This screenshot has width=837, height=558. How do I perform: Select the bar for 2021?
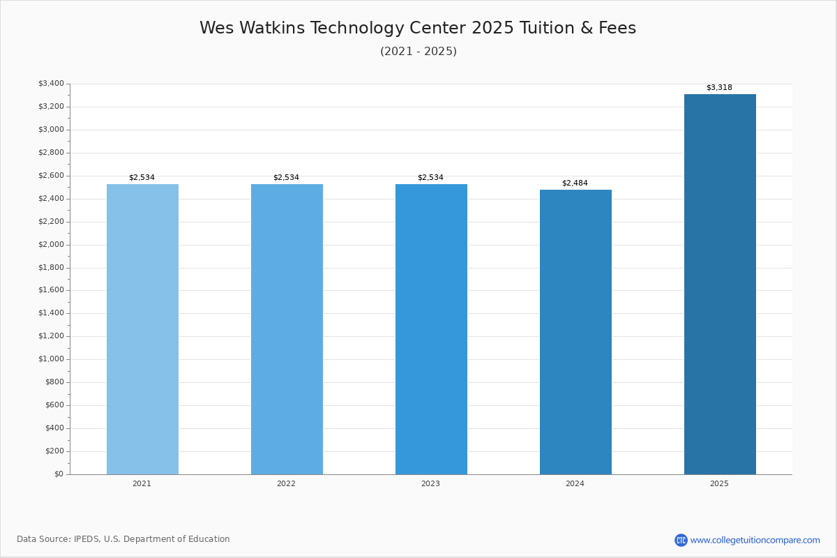142,329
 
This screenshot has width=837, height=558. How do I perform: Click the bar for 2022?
287,329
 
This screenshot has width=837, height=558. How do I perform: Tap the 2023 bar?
431,329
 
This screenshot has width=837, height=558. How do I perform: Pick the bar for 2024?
576,332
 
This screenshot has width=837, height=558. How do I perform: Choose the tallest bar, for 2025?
720,285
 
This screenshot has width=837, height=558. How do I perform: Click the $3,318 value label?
719,87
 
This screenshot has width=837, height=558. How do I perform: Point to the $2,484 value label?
575,183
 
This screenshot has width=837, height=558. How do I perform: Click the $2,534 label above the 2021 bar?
142,178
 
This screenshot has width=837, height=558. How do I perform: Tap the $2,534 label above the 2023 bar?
430,178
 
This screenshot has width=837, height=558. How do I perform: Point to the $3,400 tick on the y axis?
51,83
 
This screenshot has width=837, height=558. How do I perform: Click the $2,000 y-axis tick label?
51,244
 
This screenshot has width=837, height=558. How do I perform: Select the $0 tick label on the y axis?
59,474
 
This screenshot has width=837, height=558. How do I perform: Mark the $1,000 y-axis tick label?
51,359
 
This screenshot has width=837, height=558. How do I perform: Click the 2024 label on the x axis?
575,483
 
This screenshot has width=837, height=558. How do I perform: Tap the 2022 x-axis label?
286,483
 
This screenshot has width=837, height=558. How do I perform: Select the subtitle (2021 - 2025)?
418,51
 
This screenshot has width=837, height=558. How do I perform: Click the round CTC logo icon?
681,540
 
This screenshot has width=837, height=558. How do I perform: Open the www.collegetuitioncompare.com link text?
755,541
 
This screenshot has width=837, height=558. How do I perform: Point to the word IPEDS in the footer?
86,539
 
